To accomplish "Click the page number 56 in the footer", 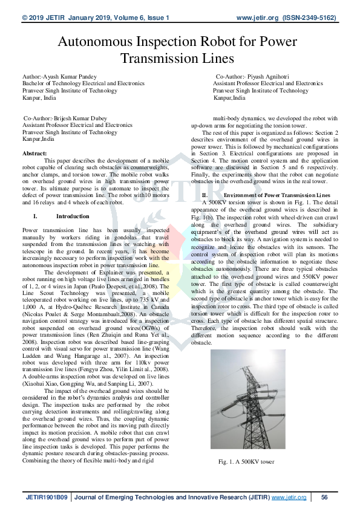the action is tap(324, 497).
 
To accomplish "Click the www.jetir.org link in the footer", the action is tap(289, 497).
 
